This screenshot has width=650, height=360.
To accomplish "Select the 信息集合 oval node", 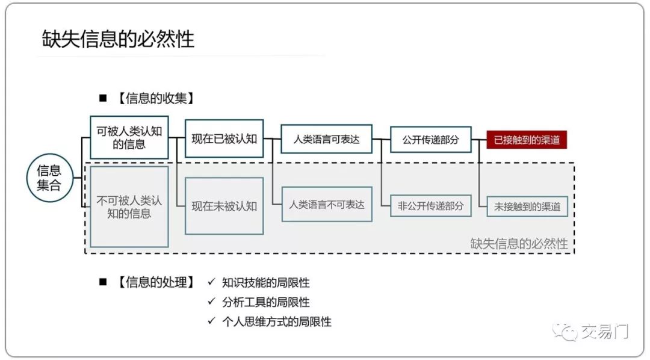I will [49, 178].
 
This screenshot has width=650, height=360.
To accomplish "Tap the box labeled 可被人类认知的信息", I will [129, 137].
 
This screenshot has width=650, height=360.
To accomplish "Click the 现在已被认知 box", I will [224, 139].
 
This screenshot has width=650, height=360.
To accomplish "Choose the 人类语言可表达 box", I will [326, 139].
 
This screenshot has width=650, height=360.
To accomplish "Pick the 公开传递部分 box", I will [430, 140].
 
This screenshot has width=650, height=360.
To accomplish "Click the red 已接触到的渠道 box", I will [527, 140].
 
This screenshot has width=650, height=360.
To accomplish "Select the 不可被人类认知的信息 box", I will [129, 205].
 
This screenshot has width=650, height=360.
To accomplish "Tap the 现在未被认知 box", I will [224, 206].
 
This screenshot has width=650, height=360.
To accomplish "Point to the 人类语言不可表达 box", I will [326, 205].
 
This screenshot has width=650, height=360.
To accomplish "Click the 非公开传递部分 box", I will [430, 206].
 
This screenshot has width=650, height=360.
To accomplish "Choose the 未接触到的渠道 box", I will [527, 206].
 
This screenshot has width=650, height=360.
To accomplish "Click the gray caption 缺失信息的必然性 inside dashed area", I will [519, 243].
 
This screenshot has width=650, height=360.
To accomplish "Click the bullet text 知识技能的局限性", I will [265, 282].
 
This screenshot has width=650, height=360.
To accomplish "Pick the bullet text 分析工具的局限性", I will [265, 302].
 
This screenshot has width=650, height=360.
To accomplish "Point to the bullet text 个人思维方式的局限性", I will [276, 321].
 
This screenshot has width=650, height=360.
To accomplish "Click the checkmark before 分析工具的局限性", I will [211, 302].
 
